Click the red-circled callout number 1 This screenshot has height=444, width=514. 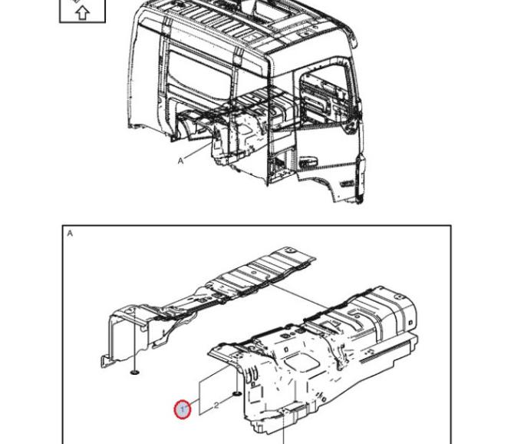coord(183,409)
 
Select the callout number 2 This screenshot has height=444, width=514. coord(216,406)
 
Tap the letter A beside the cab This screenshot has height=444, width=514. coord(180,161)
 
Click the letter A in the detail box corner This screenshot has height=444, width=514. coord(70,234)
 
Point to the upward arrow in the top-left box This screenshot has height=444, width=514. coord(82,13)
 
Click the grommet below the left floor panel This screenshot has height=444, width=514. coord(135,372)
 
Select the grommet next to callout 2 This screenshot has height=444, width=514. coord(237,393)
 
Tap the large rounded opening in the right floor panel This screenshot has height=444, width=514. coord(302,363)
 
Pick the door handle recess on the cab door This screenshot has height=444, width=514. coord(308,161)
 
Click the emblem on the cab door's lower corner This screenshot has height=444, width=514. coord(346,184)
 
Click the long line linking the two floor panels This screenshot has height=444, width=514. coord(298,297)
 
